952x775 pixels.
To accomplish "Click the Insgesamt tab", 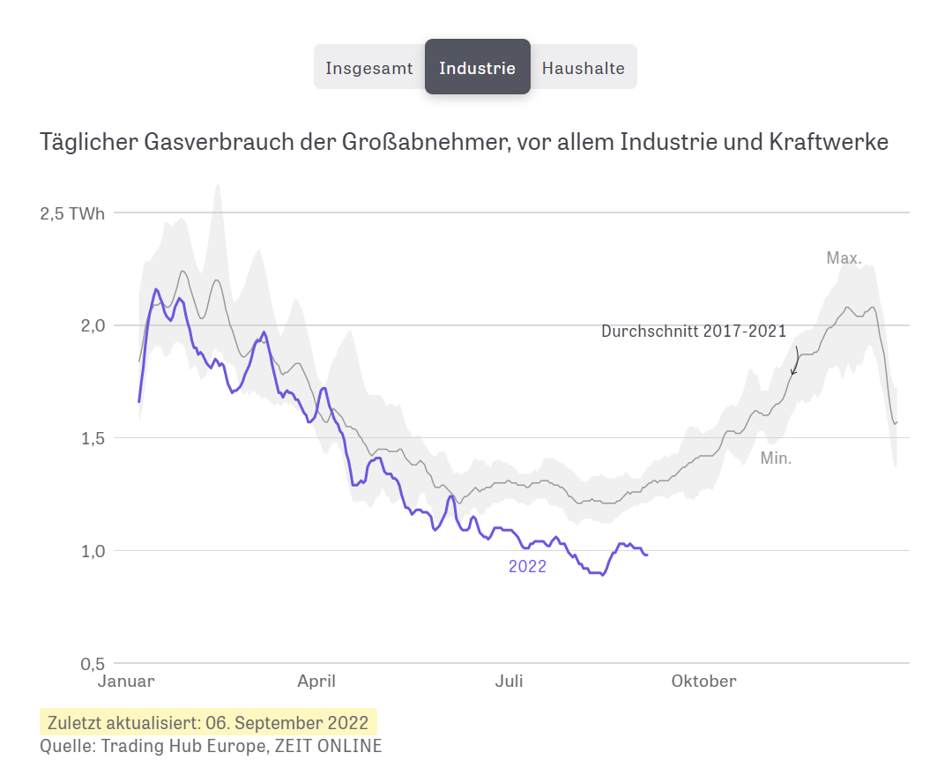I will (368, 68).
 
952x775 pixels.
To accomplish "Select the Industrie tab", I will (477, 68).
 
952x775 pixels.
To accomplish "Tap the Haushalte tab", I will (583, 68).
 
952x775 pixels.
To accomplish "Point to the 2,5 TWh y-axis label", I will (72, 213).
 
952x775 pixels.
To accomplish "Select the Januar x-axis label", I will (124, 682).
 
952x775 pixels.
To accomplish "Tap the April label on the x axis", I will (316, 682).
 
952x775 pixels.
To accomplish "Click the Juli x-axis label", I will (509, 682).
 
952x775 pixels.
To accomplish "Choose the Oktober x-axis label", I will (703, 682).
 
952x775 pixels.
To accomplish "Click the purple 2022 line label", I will (527, 567).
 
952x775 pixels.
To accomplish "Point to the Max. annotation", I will (844, 258).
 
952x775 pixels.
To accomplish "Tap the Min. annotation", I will (776, 458).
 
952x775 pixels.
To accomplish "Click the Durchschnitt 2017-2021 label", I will (693, 332).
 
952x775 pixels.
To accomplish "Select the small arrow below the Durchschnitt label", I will (795, 361).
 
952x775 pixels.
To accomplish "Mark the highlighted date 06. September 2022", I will (286, 723).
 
